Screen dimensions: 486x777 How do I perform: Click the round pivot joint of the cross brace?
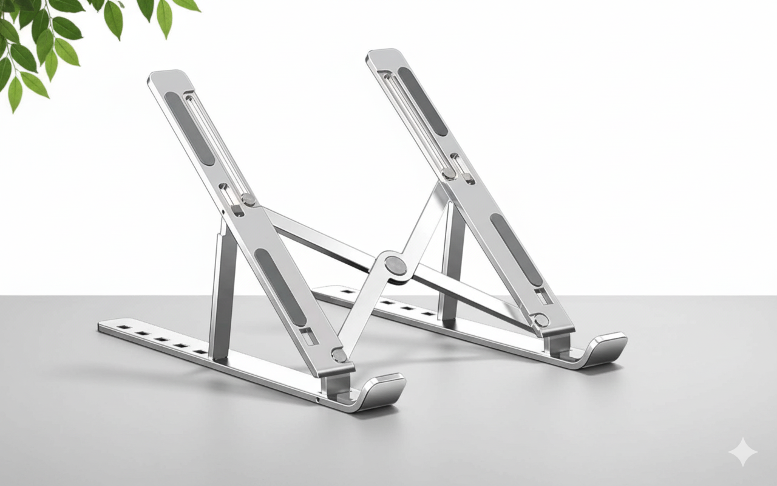point(396,265)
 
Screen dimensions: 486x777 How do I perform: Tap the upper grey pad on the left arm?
point(189,128)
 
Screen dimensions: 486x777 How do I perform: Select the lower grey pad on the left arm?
point(280,286)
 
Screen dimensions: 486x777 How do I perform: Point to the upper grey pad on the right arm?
point(422,101)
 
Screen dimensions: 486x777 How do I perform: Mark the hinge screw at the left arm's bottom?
point(339,355)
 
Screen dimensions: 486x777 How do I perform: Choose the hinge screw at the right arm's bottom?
point(540,320)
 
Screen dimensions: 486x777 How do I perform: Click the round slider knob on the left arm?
point(248,199)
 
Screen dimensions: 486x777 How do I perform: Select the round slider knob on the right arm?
point(449,173)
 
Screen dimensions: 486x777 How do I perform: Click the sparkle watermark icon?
point(743,453)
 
